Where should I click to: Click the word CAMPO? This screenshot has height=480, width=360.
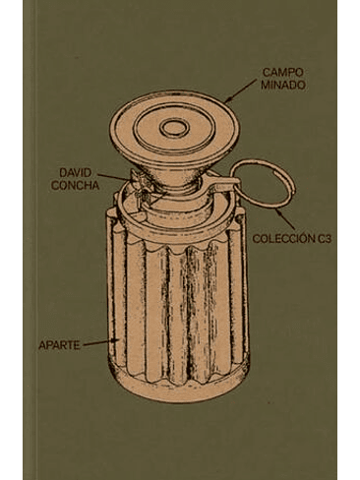pyautogui.click(x=282, y=73)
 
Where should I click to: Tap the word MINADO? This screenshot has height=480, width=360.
pyautogui.click(x=283, y=85)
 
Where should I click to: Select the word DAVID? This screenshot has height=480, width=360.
pyautogui.click(x=76, y=172)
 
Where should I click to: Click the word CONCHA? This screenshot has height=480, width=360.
pyautogui.click(x=76, y=185)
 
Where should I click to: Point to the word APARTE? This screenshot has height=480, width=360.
pyautogui.click(x=59, y=345)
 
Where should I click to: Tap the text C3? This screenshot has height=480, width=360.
pyautogui.click(x=325, y=239)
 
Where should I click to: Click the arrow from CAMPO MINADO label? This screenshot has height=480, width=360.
pyautogui.click(x=241, y=90)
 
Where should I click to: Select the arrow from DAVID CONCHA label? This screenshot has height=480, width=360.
pyautogui.click(x=114, y=177)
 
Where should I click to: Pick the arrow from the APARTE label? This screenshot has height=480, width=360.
pyautogui.click(x=101, y=342)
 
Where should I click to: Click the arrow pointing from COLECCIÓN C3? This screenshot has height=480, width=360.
pyautogui.click(x=285, y=218)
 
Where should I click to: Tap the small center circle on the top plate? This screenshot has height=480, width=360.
pyautogui.click(x=175, y=127)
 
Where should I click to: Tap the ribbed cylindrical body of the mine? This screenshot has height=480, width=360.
pyautogui.click(x=178, y=308)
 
